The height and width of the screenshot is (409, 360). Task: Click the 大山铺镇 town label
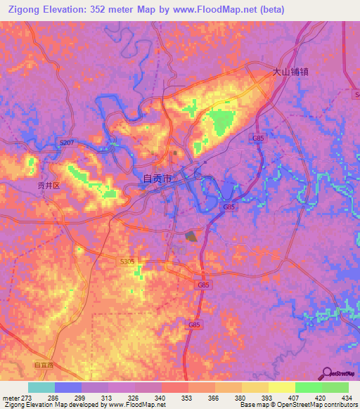(291, 71)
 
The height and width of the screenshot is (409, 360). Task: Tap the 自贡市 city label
(157, 178)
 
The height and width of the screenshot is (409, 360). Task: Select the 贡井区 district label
(50, 186)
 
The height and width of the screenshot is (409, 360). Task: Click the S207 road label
(67, 143)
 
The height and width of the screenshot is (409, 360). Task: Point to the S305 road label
(127, 261)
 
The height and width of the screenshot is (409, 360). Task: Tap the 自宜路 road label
(43, 365)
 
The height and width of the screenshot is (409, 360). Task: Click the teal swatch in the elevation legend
(41, 387)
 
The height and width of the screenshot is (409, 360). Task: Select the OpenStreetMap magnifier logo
(326, 373)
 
